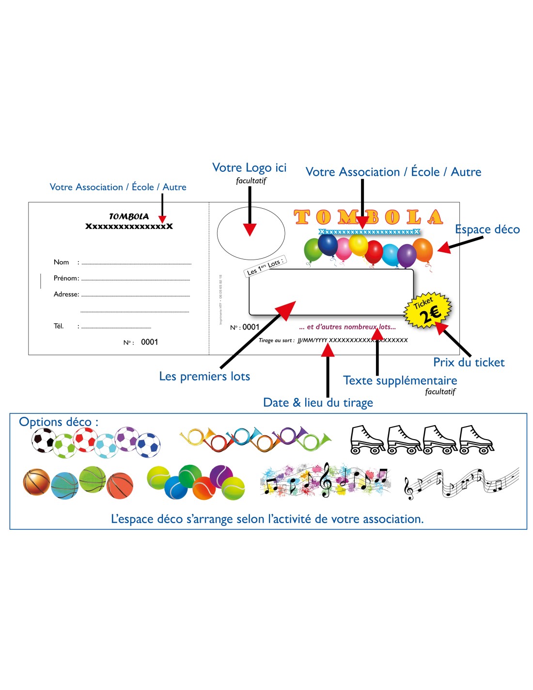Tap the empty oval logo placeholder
[x=251, y=233]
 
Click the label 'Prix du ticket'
[x=469, y=362]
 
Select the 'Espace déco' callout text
[x=487, y=230]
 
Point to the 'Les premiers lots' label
[x=204, y=377]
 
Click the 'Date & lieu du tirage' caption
[x=318, y=403]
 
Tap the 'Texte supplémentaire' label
[x=400, y=380]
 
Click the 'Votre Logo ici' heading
[x=249, y=168]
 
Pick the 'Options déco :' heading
[x=59, y=422]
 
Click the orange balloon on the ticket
[x=422, y=250]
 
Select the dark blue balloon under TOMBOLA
[x=328, y=245]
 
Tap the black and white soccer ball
[x=43, y=440]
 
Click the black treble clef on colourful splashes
[x=326, y=480]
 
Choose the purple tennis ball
[x=221, y=476]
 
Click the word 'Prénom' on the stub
[x=65, y=279]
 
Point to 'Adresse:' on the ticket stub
[x=66, y=295]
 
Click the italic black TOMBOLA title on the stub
[x=129, y=217]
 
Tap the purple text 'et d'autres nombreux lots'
[x=347, y=327]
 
